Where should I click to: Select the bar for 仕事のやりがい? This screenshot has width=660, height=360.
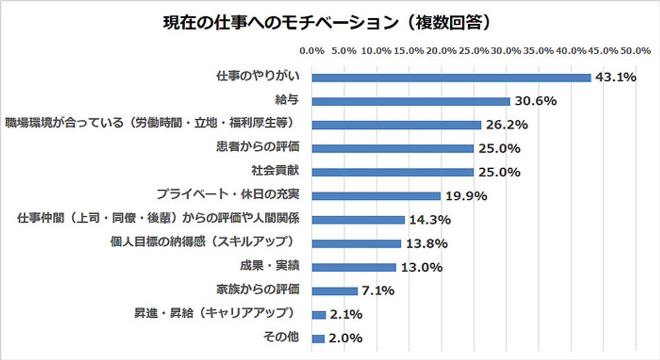tap(451, 77)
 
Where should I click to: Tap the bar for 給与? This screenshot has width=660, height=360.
tap(411, 101)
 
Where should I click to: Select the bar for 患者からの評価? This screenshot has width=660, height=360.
tap(393, 148)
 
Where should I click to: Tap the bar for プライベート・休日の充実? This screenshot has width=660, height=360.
tap(376, 196)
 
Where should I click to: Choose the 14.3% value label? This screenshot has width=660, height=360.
tap(430, 220)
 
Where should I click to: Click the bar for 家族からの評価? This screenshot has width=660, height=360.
tap(334, 291)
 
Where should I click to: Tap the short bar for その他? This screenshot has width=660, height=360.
tap(318, 339)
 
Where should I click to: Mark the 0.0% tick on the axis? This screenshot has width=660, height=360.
tap(312, 51)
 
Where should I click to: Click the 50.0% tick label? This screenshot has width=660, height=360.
tap(636, 51)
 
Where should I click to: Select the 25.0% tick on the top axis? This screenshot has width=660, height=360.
tap(474, 51)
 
